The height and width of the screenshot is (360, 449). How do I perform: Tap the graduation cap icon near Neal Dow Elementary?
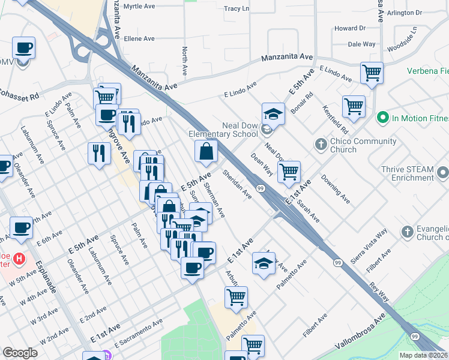273,113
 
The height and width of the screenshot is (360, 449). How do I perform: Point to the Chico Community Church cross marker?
321,145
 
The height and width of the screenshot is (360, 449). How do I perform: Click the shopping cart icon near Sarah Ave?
289,172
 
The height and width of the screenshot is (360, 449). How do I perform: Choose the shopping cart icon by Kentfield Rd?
354,107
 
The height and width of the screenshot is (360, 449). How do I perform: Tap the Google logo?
20,352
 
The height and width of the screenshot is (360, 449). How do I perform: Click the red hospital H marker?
19,260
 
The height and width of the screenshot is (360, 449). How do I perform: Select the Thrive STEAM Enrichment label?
407,174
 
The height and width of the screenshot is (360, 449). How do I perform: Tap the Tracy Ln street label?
236,9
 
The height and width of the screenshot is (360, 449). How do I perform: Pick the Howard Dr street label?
349,28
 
